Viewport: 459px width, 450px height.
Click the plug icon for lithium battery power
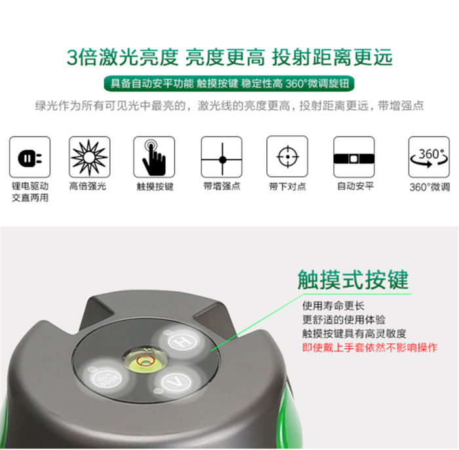point(30,157)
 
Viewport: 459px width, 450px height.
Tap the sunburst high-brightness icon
point(90,157)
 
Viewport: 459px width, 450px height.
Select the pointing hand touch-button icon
point(154,157)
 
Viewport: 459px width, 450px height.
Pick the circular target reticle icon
point(287,157)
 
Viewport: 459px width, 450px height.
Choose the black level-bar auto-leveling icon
point(354,157)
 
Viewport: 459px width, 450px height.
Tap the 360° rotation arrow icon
point(429,157)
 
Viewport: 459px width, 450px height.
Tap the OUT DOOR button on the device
point(106,378)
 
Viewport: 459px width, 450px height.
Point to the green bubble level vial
point(146,359)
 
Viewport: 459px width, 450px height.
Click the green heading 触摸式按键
point(353,279)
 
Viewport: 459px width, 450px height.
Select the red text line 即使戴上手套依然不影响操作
point(370,348)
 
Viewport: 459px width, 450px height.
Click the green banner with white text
point(229,83)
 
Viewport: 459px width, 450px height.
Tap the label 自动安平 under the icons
point(355,186)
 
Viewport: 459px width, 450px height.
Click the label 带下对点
point(287,186)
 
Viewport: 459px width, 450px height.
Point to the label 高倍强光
point(87,186)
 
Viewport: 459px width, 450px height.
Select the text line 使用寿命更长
point(333,306)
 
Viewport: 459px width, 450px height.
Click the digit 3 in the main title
point(71,57)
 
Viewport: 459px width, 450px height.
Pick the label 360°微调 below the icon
point(429,187)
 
